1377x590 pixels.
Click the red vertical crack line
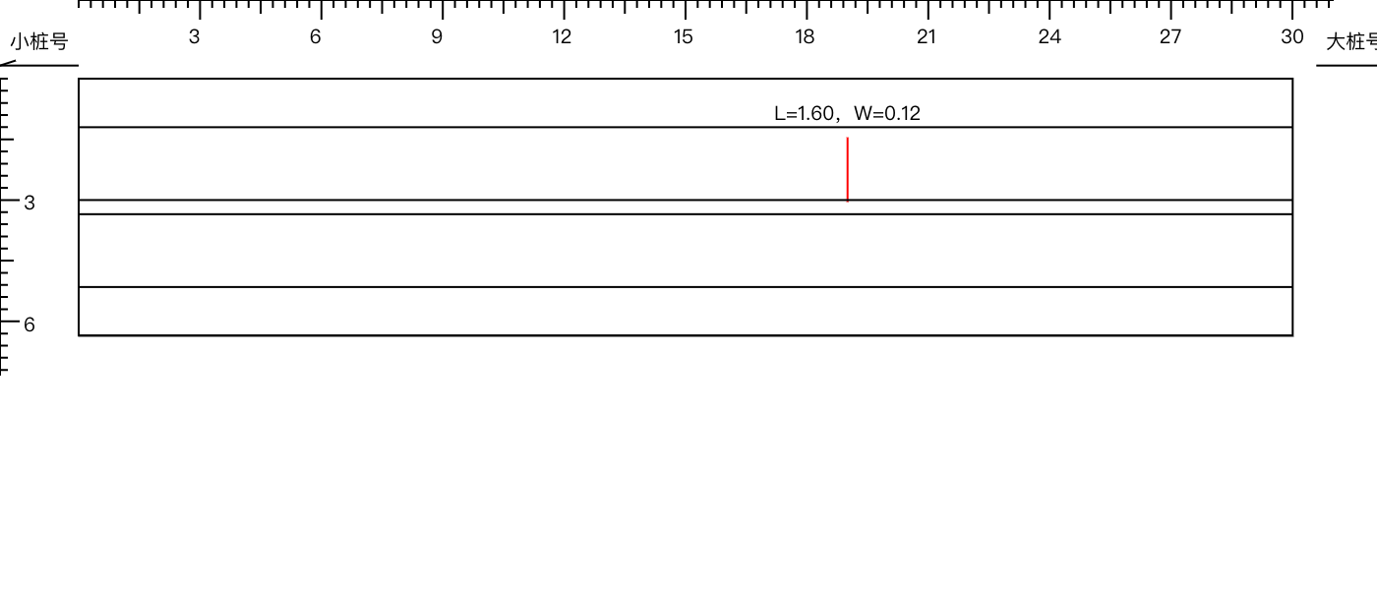(848, 169)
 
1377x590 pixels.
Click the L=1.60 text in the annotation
(804, 114)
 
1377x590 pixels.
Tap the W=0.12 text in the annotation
(887, 114)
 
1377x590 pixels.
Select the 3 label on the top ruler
(195, 37)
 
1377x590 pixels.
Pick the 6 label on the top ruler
(316, 37)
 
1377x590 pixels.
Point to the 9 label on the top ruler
(437, 37)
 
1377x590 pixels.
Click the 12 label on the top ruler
(562, 37)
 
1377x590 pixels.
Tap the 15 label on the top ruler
(683, 37)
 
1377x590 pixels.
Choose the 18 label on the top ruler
(805, 37)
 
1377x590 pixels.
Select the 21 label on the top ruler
(927, 37)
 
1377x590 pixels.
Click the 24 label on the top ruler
(1049, 37)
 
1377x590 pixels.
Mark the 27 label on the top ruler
(1170, 37)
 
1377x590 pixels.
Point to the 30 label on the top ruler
(1292, 37)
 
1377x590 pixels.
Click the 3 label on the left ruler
(29, 203)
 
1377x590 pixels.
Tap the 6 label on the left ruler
(29, 324)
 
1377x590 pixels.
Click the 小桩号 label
(39, 41)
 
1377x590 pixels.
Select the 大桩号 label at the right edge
(1351, 41)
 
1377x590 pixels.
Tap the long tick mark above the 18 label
(807, 10)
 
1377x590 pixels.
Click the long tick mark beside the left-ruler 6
(10, 321)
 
